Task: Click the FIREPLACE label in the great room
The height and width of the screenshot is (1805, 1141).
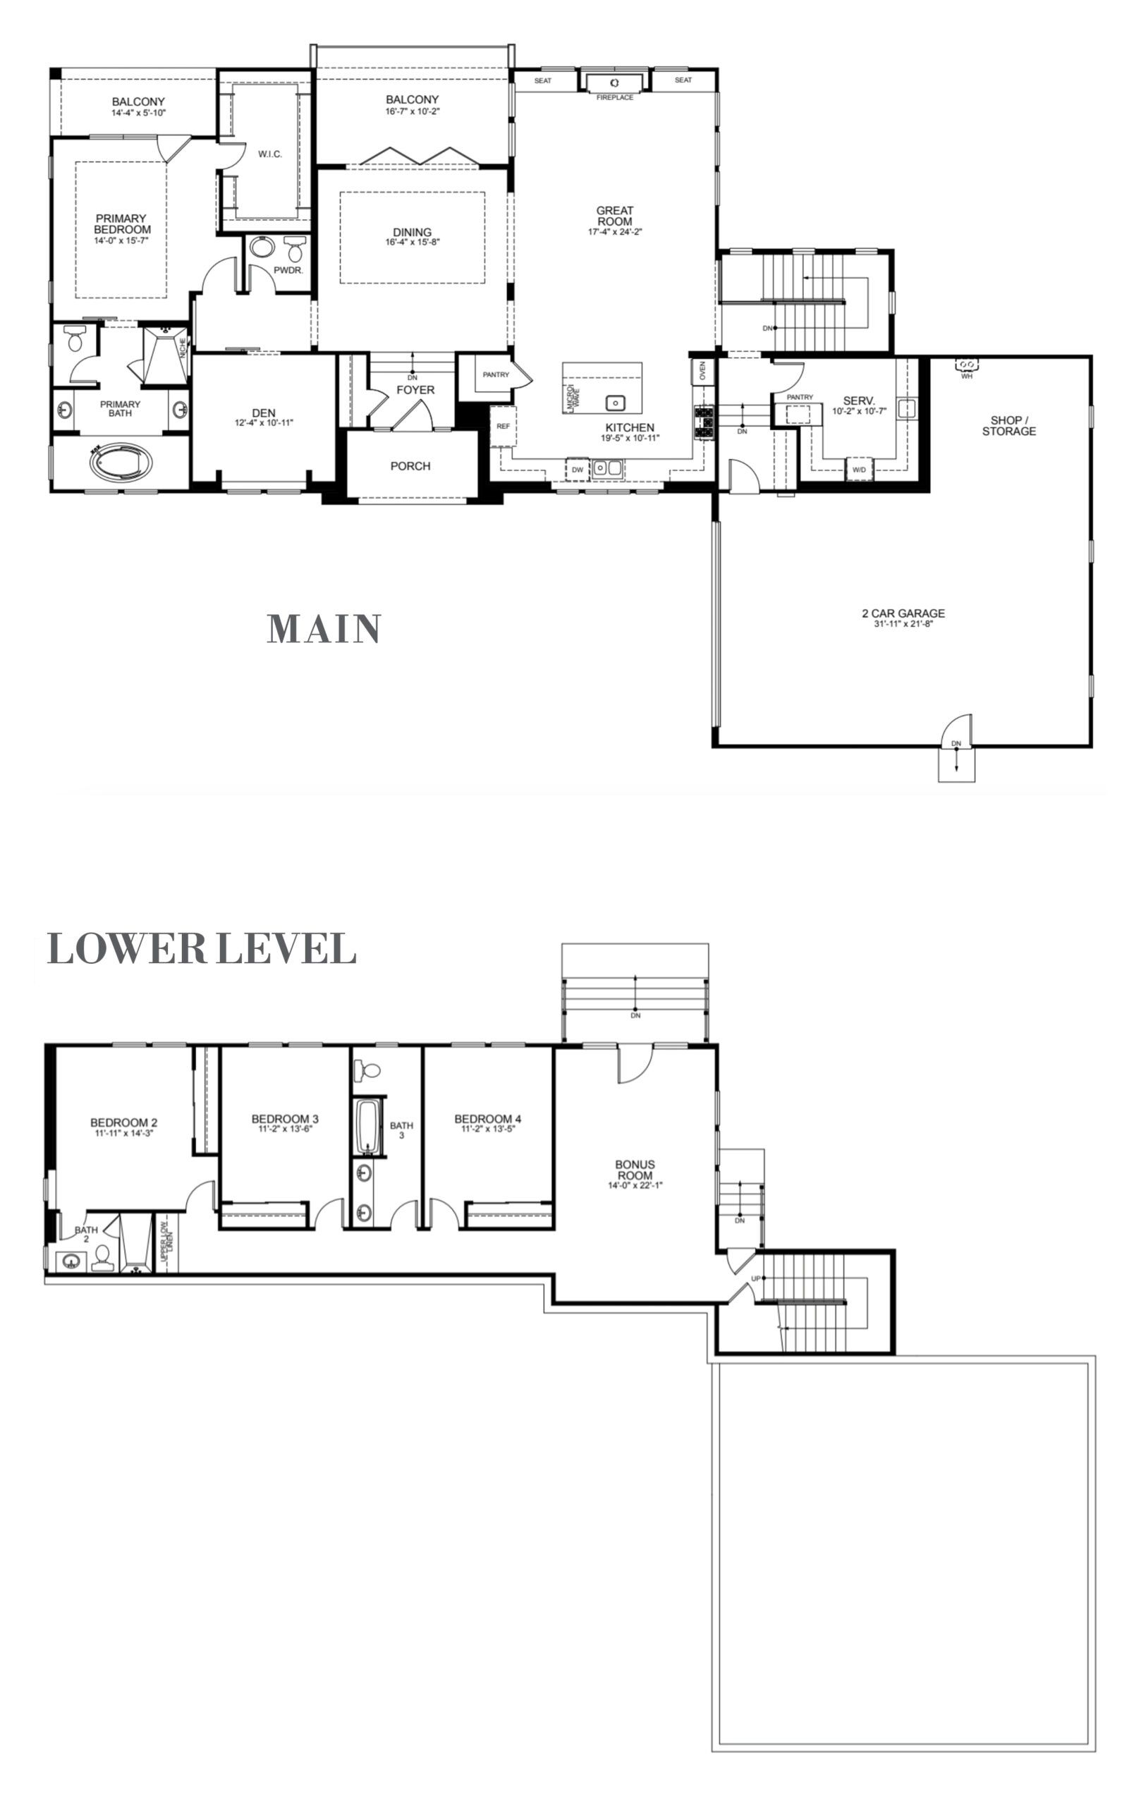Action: [614, 97]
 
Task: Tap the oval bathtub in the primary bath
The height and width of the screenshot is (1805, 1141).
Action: [120, 463]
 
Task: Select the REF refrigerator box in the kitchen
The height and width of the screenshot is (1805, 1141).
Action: [503, 426]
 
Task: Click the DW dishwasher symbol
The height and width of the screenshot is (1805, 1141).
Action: [578, 470]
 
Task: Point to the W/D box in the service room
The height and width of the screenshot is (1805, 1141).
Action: [859, 470]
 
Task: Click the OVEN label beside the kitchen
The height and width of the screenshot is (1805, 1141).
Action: [702, 372]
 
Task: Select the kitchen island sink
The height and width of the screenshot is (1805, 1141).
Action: [615, 403]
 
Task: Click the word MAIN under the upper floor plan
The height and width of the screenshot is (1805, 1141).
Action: [324, 629]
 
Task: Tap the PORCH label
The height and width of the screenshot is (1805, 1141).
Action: [410, 466]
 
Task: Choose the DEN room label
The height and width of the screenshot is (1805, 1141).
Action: [263, 413]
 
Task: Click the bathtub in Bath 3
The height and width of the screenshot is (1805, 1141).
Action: [367, 1127]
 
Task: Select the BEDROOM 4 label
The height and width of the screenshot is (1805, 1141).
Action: [487, 1119]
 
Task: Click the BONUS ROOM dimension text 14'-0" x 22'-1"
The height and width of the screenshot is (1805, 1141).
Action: [635, 1185]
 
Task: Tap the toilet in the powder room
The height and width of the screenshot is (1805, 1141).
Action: [295, 249]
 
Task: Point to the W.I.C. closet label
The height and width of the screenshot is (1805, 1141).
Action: [270, 154]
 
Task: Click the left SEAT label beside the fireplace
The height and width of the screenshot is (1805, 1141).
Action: [543, 80]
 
